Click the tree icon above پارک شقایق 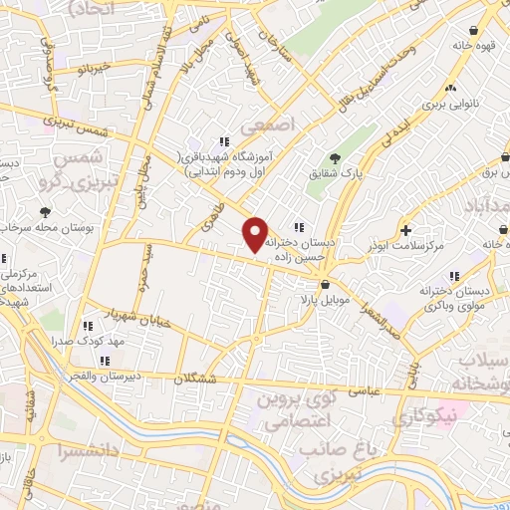click(x=336, y=157)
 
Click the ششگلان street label click(x=194, y=379)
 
